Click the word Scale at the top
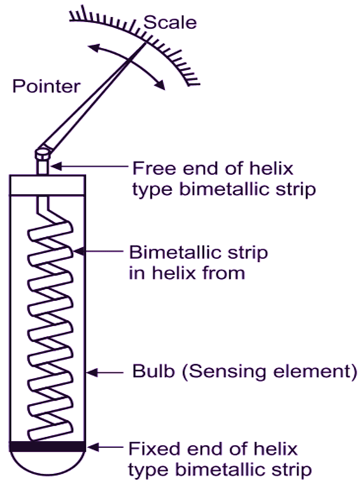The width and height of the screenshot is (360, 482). coord(170,23)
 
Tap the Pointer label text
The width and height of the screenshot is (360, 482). coord(47,86)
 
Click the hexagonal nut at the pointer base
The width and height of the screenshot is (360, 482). coord(44,152)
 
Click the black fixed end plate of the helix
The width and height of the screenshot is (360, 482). coord(48,447)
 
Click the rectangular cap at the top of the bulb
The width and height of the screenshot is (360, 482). coord(48,185)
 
